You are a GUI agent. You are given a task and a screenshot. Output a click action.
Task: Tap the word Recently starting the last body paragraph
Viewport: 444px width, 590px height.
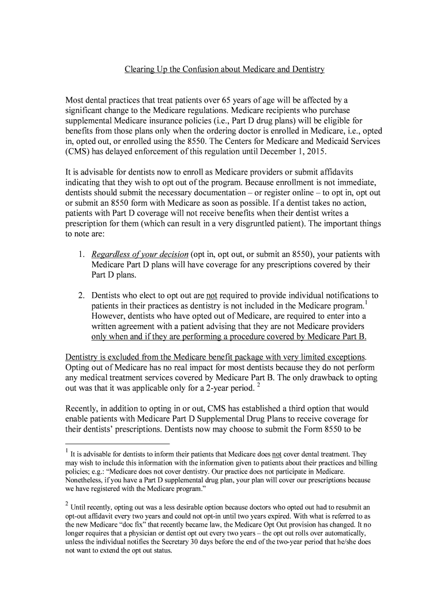82,409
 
